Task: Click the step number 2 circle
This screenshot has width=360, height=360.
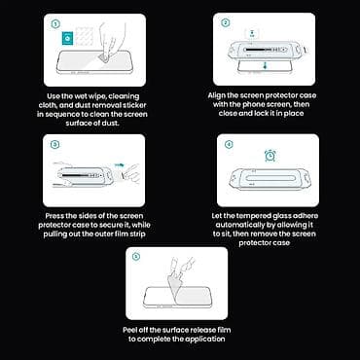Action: [227, 22]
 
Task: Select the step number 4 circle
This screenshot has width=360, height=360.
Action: [228, 144]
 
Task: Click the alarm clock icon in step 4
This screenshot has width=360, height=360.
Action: [270, 156]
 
